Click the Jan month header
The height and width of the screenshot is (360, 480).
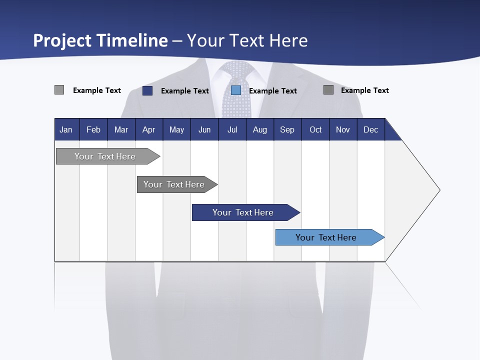[66, 129]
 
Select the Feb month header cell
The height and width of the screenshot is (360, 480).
[93, 129]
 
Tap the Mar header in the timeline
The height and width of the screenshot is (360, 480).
[121, 129]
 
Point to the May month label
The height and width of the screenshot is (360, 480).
[176, 129]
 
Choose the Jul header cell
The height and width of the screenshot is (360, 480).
[232, 129]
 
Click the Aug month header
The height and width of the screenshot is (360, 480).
[259, 129]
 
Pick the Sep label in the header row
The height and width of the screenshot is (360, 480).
[287, 129]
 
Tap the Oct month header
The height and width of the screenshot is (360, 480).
[315, 129]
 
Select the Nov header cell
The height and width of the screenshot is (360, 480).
[343, 129]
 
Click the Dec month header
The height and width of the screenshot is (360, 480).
[370, 129]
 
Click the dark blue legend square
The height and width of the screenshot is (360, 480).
[147, 90]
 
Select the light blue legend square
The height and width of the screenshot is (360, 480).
[236, 90]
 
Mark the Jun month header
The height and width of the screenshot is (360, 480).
[204, 129]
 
